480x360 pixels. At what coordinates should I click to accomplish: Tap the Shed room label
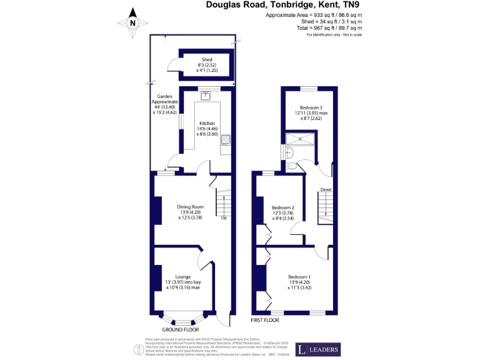pyautogui.click(x=207, y=65)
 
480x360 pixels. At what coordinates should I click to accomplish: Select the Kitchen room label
pyautogui.click(x=207, y=128)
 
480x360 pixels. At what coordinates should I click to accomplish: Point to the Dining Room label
pyautogui.click(x=191, y=212)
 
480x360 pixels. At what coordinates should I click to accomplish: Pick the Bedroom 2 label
pyautogui.click(x=284, y=213)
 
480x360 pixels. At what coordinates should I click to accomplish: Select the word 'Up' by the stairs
pyautogui.click(x=223, y=218)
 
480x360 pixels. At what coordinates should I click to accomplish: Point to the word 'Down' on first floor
pyautogui.click(x=326, y=190)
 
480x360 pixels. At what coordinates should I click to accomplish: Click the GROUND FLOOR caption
pyautogui.click(x=181, y=329)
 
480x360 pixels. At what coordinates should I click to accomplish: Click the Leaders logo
pyautogui.click(x=318, y=349)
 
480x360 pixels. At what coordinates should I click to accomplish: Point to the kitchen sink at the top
pyautogui.click(x=206, y=95)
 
